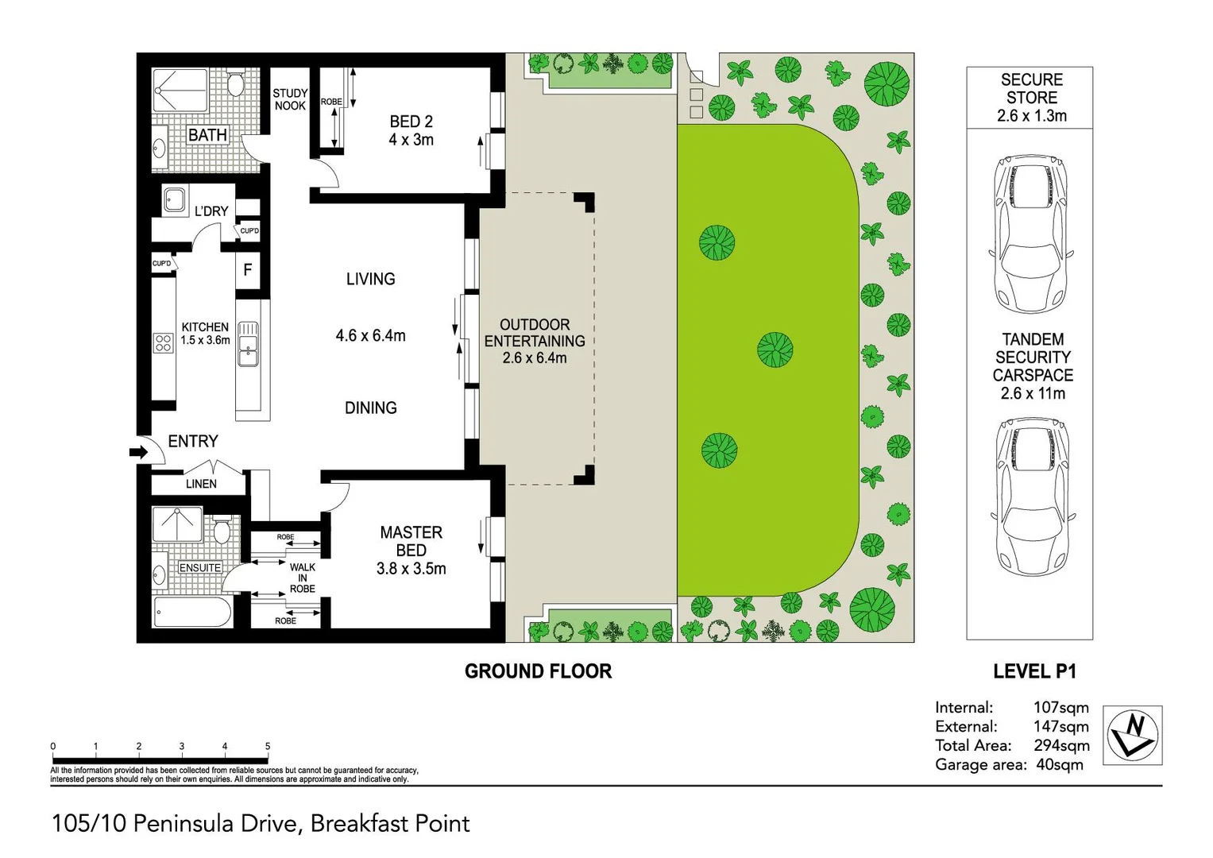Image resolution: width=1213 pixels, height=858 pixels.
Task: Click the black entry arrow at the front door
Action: pos(138,453)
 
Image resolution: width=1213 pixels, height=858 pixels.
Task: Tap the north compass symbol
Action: pos(1133,735)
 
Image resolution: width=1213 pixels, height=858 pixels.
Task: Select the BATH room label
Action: pos(207,136)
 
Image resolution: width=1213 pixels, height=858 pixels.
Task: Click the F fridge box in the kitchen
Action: pos(248,270)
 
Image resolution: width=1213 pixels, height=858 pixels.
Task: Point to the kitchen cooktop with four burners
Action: pos(164,343)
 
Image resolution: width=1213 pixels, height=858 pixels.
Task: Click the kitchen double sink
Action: pos(248,344)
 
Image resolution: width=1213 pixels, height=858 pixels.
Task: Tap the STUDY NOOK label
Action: pos(290,99)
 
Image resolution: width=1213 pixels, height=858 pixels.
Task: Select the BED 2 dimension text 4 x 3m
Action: pos(411,140)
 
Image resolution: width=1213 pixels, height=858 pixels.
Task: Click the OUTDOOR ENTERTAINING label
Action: pos(535,333)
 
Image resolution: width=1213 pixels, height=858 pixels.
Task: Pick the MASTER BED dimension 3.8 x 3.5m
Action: pos(411,569)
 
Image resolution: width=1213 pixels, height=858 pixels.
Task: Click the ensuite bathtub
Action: pos(192,613)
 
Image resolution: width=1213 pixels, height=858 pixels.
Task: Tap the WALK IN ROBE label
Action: pos(302,578)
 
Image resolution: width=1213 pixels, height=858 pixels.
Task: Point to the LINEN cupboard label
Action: pos(201,484)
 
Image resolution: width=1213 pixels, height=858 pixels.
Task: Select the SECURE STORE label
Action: pos(1031,89)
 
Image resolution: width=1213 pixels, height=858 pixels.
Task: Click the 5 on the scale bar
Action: pos(268,747)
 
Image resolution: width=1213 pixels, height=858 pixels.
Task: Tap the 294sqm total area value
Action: pos(1061,745)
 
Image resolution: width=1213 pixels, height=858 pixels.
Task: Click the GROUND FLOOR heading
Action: pos(538,671)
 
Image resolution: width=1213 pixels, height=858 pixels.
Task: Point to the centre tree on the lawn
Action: pos(775,350)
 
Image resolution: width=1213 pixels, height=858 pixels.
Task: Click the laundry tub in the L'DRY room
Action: pos(175,199)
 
